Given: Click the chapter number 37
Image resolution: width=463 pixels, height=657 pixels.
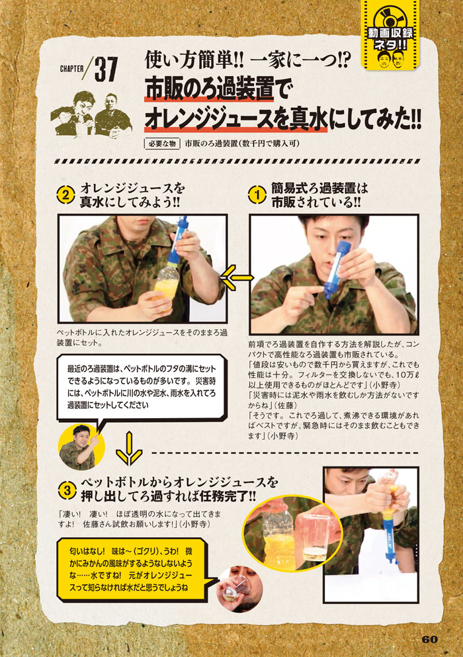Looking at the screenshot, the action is tap(106, 69).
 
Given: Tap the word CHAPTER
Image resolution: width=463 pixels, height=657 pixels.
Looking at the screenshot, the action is tap(71, 68).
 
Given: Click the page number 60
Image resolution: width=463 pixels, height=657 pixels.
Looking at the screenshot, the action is tap(429, 639).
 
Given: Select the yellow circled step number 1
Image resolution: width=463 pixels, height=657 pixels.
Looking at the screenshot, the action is tap(257, 195).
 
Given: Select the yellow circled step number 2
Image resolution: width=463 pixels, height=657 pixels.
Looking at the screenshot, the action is tap(65, 195).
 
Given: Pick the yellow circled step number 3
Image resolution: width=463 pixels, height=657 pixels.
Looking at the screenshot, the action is tap(67, 490).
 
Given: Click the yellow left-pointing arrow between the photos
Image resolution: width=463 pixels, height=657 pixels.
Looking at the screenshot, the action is tap(237, 277).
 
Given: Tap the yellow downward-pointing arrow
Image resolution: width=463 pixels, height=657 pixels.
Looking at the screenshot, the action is tap(129, 449).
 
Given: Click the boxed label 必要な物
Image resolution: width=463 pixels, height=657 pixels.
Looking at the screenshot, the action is tap(162, 144).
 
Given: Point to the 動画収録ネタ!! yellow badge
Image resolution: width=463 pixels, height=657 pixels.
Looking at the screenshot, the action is tap(390, 35).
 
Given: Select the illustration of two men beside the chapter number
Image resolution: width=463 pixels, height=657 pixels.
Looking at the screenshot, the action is tap(91, 114).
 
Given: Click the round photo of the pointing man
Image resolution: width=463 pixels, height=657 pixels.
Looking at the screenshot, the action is tap(81, 447).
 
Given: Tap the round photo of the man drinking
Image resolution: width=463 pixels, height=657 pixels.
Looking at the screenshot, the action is tap(239, 589).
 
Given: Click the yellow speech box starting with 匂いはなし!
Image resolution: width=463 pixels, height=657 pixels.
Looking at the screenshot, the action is tap(134, 570).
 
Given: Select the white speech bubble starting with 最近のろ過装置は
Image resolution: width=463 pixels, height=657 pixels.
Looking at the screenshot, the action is tap(142, 387).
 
